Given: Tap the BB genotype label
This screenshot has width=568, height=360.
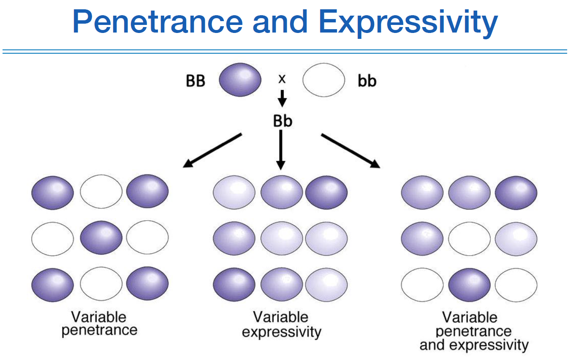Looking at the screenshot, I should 196,81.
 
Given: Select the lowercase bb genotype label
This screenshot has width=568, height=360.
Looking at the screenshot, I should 367,81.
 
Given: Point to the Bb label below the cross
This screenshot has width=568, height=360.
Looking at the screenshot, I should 283,121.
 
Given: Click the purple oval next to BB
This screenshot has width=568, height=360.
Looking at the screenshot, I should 240,80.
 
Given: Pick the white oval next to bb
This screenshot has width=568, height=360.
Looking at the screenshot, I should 323,80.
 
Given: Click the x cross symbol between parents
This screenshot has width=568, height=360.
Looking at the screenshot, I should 282,79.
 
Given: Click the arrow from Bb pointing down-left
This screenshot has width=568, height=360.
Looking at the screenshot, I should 212,150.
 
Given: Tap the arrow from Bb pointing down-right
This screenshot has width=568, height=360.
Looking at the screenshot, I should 350,150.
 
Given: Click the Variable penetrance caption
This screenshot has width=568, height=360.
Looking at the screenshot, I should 100,323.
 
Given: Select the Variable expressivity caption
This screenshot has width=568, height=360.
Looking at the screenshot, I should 281,325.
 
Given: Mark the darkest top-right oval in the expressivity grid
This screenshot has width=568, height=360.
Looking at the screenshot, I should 326,192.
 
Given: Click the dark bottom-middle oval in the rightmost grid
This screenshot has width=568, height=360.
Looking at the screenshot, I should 469,284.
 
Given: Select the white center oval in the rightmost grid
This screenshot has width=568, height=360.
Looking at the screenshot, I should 469,238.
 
